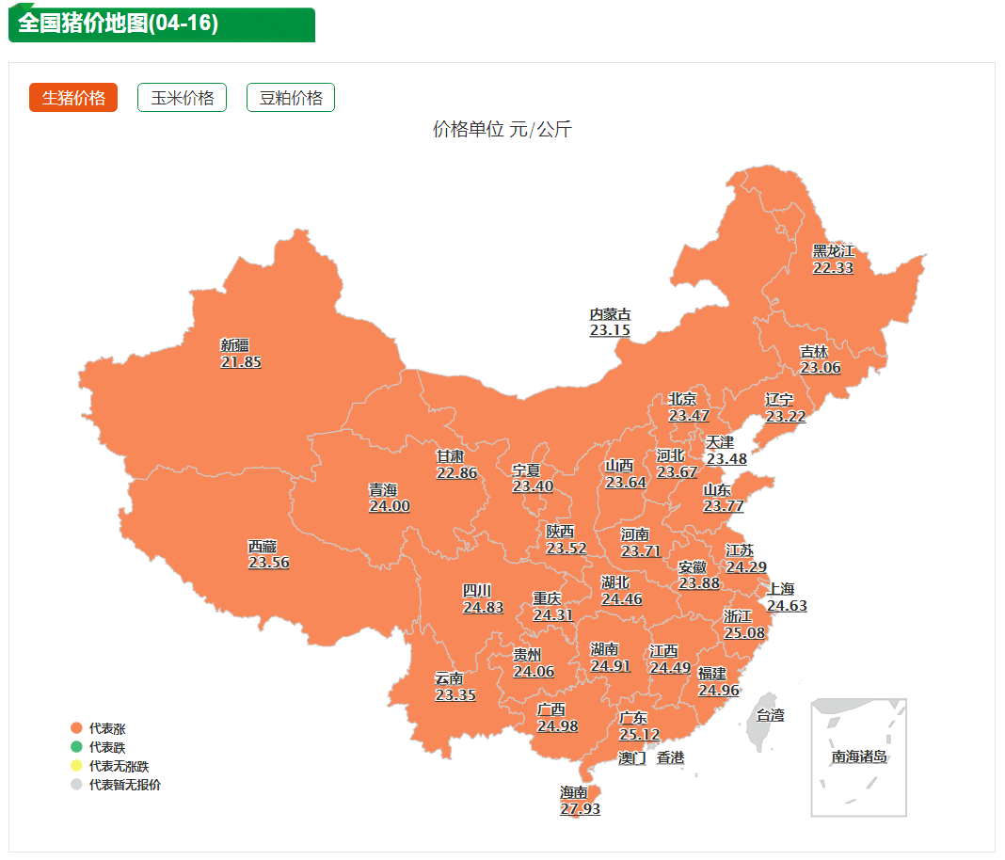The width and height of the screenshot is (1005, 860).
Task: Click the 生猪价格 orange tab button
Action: coord(73,98)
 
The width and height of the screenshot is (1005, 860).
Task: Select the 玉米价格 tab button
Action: coord(182,98)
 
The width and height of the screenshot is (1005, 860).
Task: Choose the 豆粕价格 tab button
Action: coord(291,98)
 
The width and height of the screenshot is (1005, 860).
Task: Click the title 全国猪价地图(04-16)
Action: coord(119,24)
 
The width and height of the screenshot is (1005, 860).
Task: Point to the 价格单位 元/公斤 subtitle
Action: coord(502,130)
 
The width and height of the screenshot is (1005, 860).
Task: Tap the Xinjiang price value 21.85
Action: coord(241,361)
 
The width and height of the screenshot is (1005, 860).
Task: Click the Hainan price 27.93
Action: coord(580,808)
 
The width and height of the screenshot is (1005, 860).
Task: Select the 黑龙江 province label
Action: coord(833,251)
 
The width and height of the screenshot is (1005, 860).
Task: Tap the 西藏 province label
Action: coord(263,546)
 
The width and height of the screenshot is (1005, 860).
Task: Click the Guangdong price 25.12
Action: coord(639,734)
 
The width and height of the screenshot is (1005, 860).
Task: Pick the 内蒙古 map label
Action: coord(610,314)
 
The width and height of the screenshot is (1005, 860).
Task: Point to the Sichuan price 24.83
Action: coord(483,607)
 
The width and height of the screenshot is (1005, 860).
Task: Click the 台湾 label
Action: coord(771,715)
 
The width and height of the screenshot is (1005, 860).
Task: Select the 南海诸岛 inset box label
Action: coord(859,756)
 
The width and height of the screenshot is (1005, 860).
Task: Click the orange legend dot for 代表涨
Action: coord(76,728)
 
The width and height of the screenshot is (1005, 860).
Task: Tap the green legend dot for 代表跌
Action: coord(76,747)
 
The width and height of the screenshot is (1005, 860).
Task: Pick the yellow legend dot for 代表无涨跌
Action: coord(76,766)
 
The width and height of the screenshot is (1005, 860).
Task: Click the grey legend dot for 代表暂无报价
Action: coord(76,785)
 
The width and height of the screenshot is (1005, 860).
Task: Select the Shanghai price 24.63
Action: coord(787,605)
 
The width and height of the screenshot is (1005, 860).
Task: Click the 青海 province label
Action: coord(383,489)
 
